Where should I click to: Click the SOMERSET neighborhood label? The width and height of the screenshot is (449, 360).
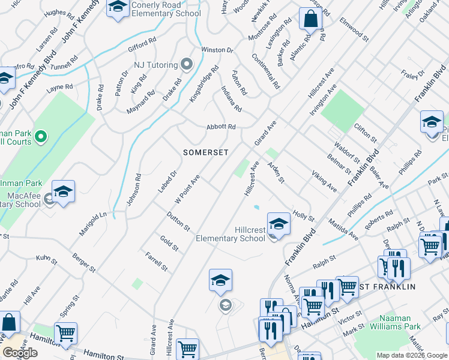click(206, 152)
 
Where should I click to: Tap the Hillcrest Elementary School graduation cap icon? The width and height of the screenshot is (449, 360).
click(279, 224)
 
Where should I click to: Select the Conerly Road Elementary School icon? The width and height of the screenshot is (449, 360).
click(118, 7)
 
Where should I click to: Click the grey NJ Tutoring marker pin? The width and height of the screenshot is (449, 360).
click(186, 64)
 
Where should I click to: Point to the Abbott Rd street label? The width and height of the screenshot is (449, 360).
click(221, 127)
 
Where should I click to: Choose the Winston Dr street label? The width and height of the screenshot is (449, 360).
click(216, 50)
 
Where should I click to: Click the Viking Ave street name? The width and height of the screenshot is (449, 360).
click(324, 181)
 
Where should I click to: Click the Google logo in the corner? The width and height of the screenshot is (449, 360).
click(20, 353)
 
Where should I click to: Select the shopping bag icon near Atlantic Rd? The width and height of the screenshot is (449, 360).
click(310, 20)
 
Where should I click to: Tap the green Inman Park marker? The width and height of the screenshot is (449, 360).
click(41, 137)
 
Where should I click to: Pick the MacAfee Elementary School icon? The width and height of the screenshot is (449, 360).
click(63, 192)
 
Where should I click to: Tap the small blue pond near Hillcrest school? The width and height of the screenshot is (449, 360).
click(257, 208)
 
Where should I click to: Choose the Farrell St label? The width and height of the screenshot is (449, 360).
click(156, 261)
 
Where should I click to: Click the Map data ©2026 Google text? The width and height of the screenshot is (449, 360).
click(411, 355)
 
